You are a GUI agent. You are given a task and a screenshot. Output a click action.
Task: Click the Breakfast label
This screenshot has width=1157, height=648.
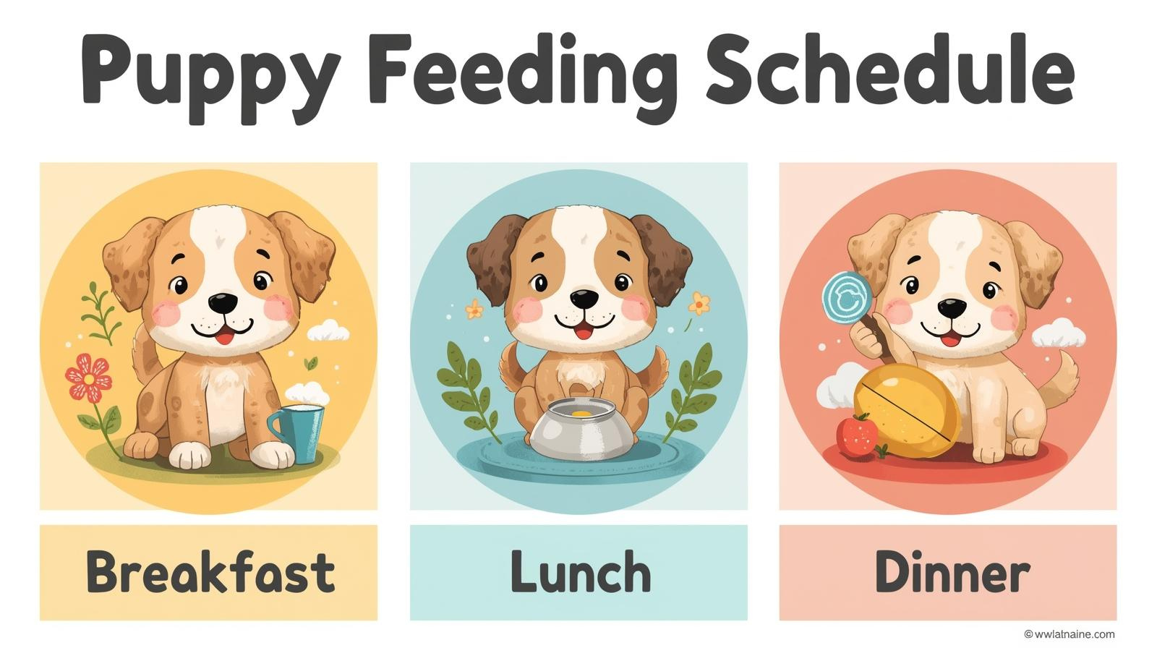coord(210,572)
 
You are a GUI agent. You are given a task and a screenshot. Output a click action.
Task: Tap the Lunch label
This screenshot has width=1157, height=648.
coord(579,572)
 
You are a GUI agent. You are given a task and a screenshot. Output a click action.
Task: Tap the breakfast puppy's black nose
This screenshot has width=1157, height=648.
coord(222,302)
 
